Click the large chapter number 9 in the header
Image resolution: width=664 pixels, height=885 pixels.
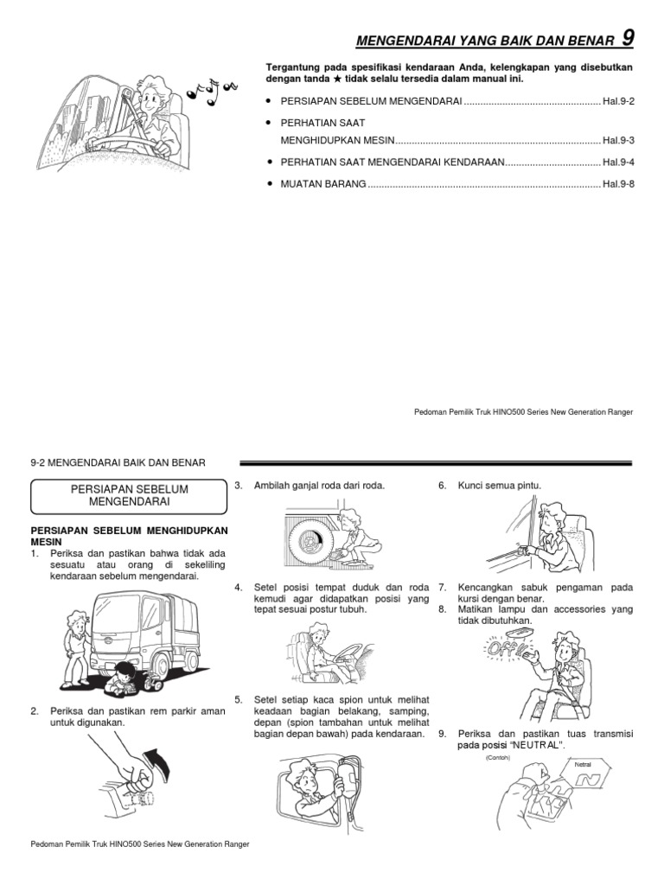(x=628, y=37)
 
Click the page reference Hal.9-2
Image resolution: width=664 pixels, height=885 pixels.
(x=618, y=102)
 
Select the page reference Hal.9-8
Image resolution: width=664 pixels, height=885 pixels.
(x=618, y=184)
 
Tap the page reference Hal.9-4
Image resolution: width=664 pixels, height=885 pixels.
(x=618, y=162)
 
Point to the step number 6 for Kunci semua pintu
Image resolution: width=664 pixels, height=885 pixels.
(x=442, y=487)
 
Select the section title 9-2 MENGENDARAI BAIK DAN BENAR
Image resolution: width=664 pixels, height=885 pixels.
(x=118, y=463)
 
